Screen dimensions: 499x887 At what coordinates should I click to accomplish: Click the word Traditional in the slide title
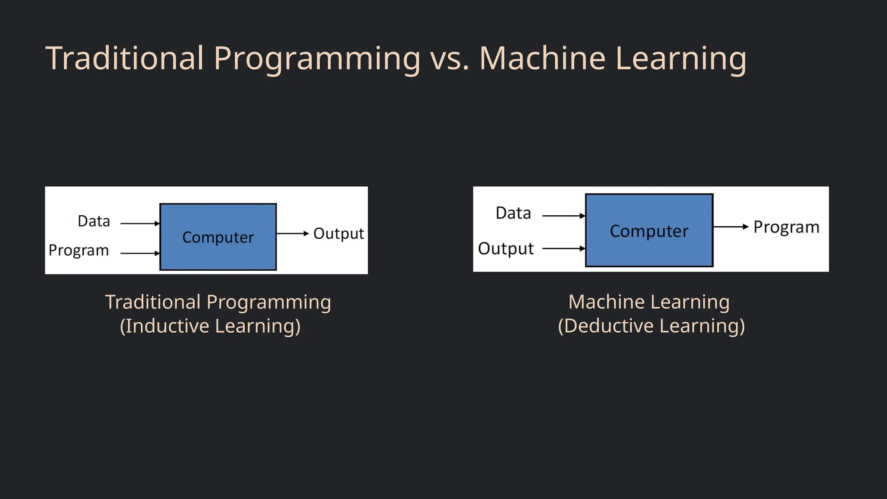(x=125, y=58)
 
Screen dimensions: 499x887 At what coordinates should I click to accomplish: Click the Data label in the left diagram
(x=94, y=221)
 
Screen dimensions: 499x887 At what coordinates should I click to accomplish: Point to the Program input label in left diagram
(x=78, y=250)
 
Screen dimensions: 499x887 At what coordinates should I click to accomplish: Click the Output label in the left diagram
(x=338, y=233)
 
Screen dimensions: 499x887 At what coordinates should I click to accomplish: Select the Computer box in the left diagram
(x=218, y=237)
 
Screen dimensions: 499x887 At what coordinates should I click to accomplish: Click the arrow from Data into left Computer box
(x=139, y=224)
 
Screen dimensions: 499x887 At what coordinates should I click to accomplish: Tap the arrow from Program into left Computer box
(x=139, y=253)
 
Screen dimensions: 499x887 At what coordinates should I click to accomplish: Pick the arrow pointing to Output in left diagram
(x=292, y=233)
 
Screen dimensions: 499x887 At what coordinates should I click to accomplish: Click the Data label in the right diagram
(x=513, y=213)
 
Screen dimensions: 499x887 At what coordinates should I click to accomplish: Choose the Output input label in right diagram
(x=506, y=249)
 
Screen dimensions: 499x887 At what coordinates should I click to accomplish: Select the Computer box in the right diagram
(x=649, y=230)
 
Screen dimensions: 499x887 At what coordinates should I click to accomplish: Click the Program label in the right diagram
(x=786, y=227)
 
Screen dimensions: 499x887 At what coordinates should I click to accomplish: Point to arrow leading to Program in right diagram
(x=731, y=227)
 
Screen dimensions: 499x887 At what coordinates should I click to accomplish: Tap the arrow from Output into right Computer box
(x=563, y=249)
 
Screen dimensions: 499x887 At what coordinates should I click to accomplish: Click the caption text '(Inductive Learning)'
(x=210, y=326)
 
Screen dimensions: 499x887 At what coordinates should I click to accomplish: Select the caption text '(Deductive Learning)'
(x=651, y=326)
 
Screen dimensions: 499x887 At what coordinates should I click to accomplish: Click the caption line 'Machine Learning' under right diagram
(x=649, y=302)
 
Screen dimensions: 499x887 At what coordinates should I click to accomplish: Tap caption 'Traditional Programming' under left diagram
(x=218, y=302)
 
